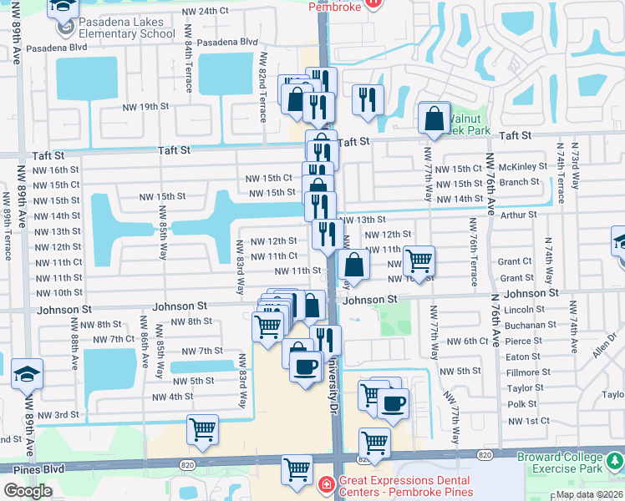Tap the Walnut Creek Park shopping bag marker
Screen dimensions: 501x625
(434, 120)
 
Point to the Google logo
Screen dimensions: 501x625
(28, 490)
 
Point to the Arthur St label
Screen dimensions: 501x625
(520, 215)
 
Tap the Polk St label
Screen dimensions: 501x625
(521, 404)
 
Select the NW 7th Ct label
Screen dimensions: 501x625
(114, 339)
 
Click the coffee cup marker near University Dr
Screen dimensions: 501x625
(306, 365)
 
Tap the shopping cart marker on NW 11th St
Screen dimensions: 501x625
(419, 261)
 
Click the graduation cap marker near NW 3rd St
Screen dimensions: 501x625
(27, 376)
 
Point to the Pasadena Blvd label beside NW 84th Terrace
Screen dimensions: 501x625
(228, 42)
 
